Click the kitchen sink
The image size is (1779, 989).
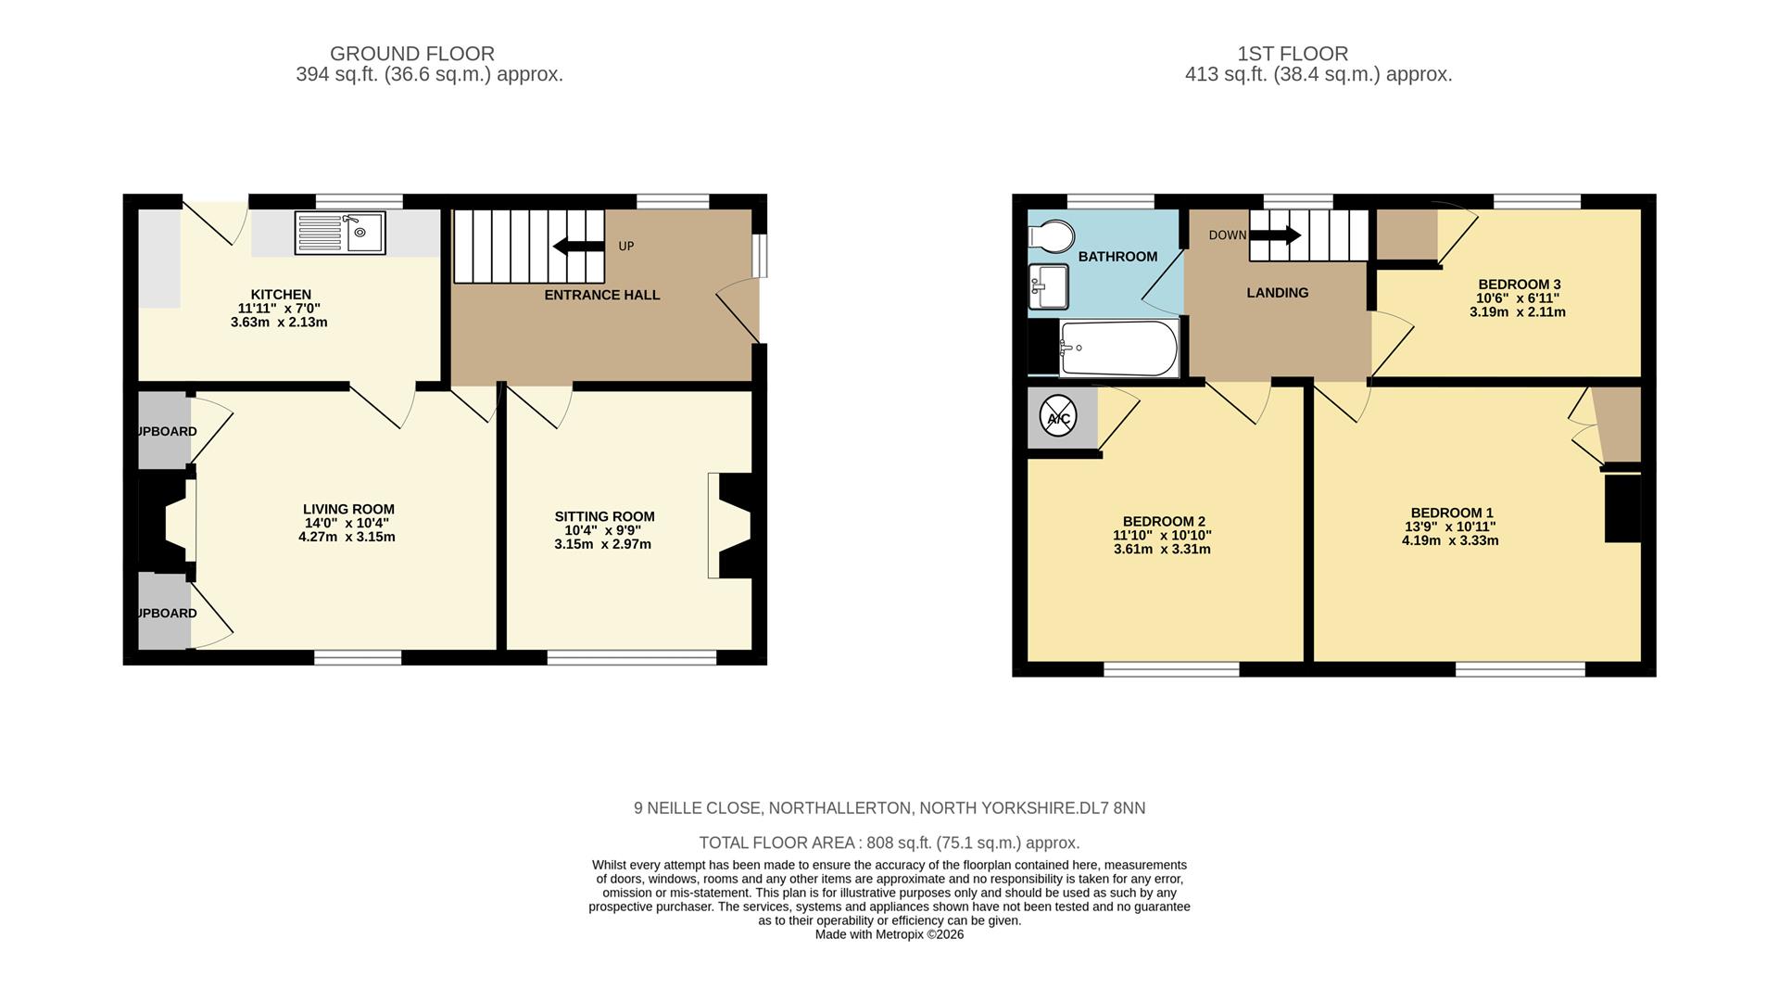pyautogui.click(x=339, y=233)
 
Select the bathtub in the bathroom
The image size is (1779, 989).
pyautogui.click(x=1118, y=349)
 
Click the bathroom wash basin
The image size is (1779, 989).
pyautogui.click(x=1049, y=285)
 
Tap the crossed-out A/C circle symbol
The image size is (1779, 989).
pyautogui.click(x=1058, y=416)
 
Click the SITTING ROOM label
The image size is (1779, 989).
pyautogui.click(x=604, y=516)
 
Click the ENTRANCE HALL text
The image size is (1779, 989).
pyautogui.click(x=601, y=295)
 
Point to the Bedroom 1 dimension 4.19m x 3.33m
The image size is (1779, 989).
pyautogui.click(x=1449, y=540)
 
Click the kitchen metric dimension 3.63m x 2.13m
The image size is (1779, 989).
pyautogui.click(x=279, y=323)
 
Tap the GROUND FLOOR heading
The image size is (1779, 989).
pyautogui.click(x=412, y=54)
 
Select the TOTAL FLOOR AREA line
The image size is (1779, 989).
pyautogui.click(x=889, y=843)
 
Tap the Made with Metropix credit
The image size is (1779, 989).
pyautogui.click(x=889, y=934)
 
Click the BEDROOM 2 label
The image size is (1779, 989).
pyautogui.click(x=1163, y=522)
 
